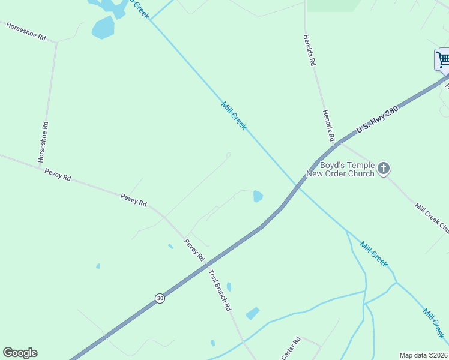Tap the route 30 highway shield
(159, 298)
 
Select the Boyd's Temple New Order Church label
(340, 169)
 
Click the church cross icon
(384, 169)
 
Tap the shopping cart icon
(443, 60)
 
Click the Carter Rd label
(291, 347)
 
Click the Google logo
(20, 353)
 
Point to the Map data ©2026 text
(423, 355)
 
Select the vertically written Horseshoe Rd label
(43, 142)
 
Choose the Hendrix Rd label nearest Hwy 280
(328, 125)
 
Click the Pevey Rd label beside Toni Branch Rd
(194, 249)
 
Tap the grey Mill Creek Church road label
(432, 218)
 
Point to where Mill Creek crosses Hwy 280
(297, 184)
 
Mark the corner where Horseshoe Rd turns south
(56, 43)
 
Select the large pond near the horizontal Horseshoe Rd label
(103, 27)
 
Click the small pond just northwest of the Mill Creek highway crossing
(258, 196)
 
